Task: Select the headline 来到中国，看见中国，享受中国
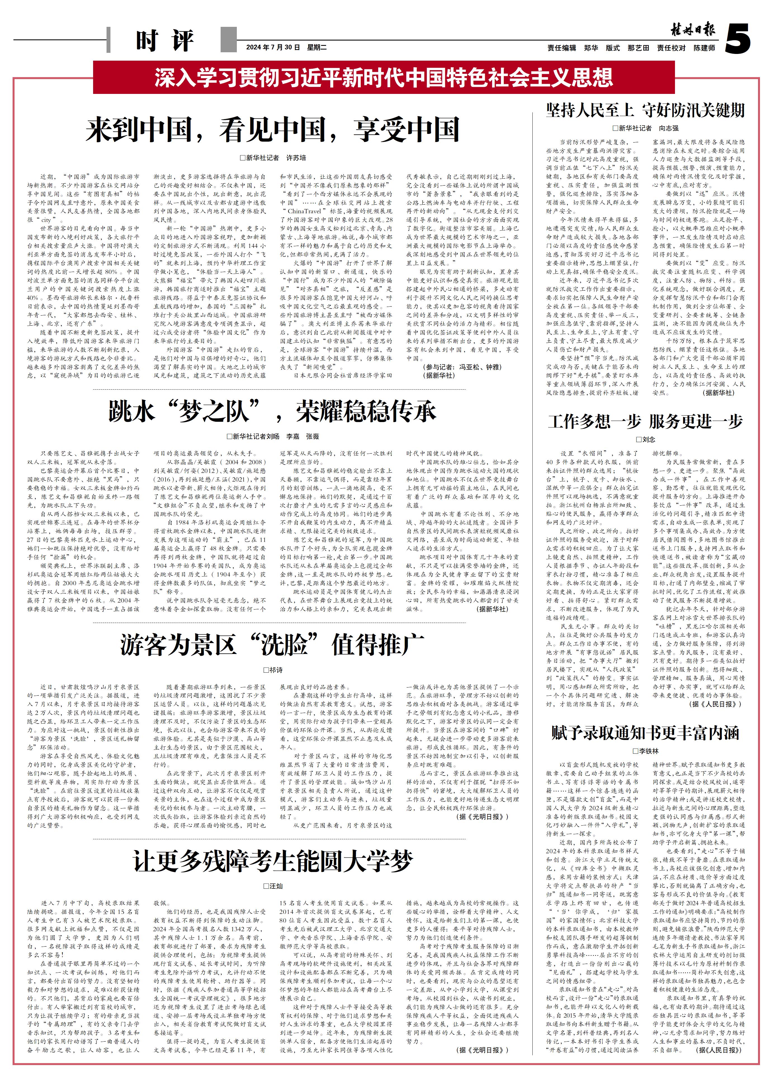(x=272, y=130)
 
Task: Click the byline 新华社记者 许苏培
(x=273, y=158)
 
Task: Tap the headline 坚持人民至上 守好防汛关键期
(x=645, y=110)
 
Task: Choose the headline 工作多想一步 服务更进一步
(x=645, y=421)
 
